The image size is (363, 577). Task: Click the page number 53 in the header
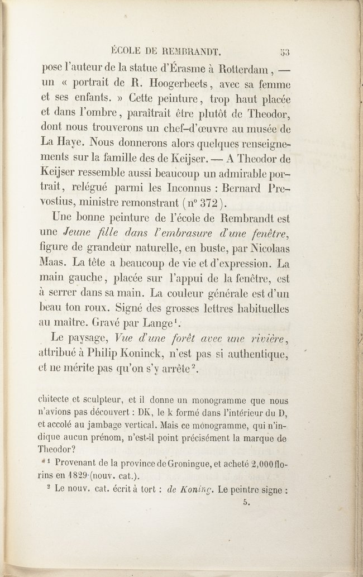[285, 54]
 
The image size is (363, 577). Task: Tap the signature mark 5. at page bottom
[245, 503]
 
